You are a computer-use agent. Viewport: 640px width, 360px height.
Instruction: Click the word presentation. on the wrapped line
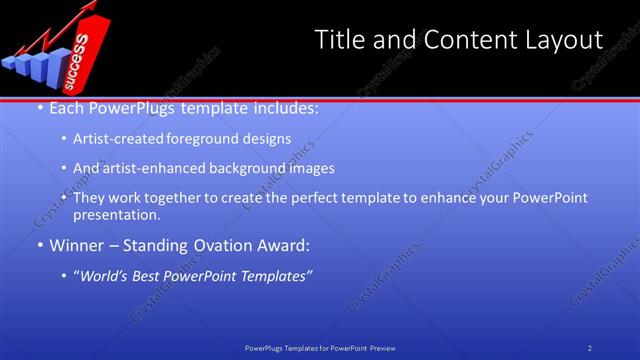pos(116,214)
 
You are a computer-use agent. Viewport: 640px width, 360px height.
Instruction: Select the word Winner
pos(76,244)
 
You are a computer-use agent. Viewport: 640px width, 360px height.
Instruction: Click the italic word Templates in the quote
pos(277,274)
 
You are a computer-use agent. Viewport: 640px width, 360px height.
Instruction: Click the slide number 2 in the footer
pos(590,348)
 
